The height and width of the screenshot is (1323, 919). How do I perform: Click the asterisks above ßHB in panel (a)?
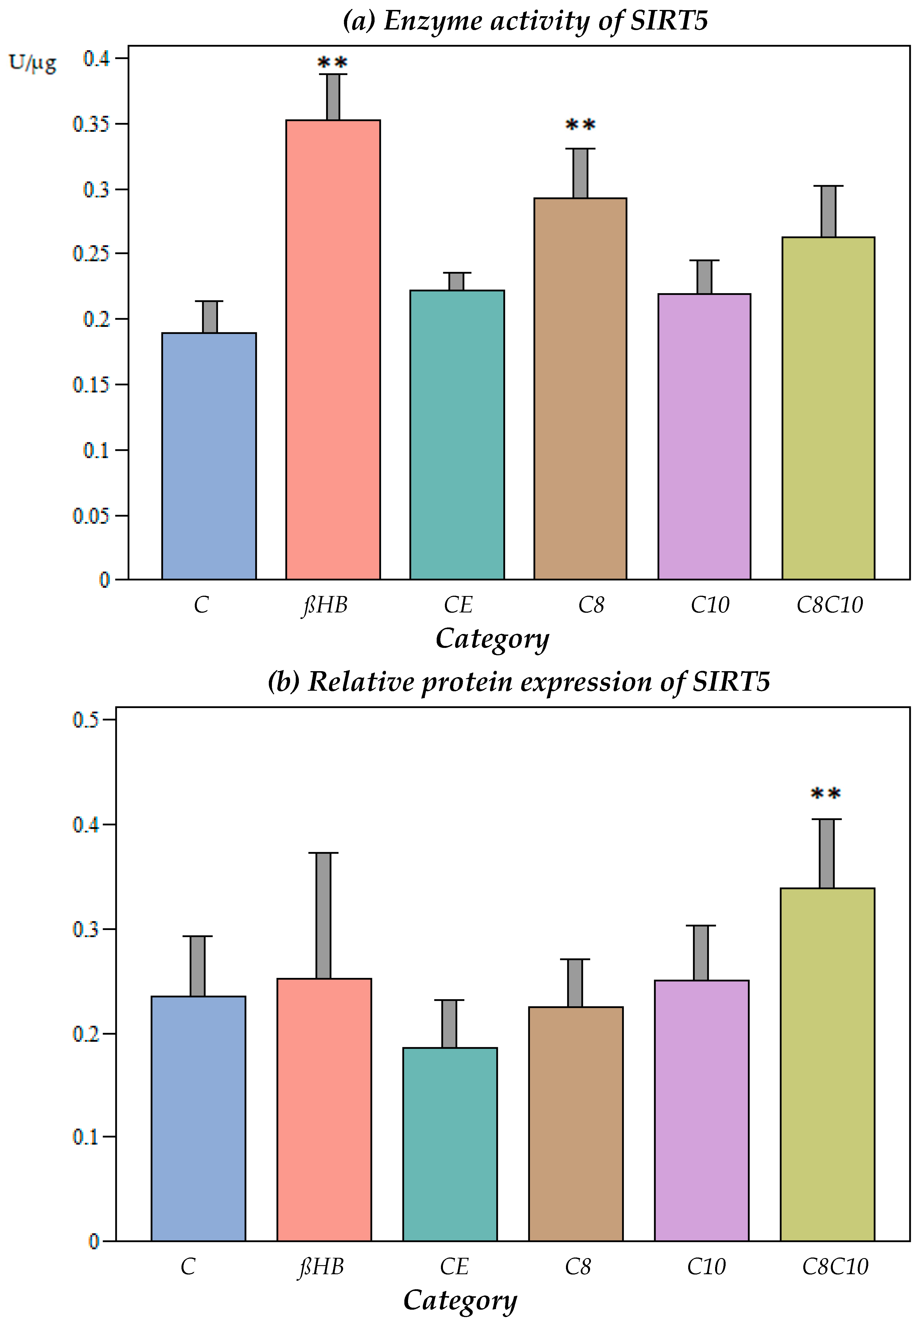[332, 62]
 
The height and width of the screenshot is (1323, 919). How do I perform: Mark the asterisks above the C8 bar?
[580, 125]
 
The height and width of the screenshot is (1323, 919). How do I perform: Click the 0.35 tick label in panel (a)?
[91, 124]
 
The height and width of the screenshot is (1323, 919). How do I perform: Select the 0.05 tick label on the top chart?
[91, 515]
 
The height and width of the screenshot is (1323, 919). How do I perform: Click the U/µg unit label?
[33, 62]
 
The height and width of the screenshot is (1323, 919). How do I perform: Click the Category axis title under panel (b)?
[460, 1300]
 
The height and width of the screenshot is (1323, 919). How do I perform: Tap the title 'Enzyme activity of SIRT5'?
[525, 21]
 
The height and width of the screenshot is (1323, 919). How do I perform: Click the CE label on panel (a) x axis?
[458, 605]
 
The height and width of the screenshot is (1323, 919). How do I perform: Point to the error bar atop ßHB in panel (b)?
[323, 915]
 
